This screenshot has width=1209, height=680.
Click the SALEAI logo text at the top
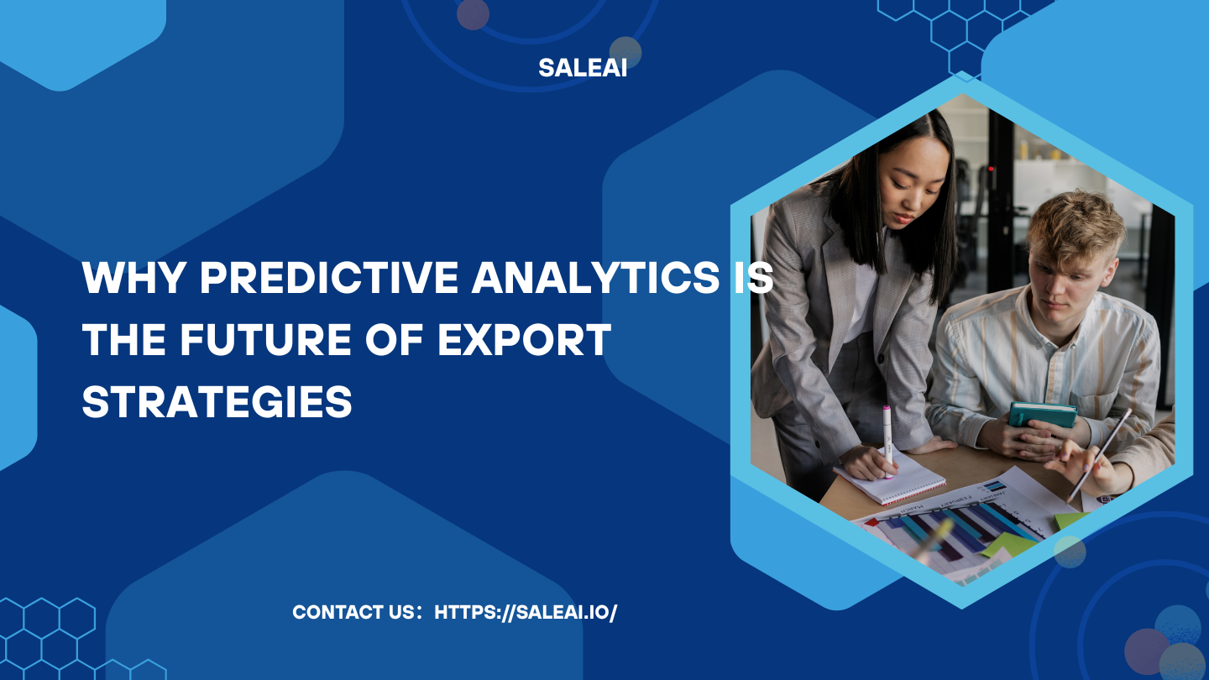(583, 68)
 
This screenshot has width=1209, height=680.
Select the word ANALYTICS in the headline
(595, 277)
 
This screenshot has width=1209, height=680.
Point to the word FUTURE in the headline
(265, 339)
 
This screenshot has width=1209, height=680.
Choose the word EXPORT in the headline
(524, 339)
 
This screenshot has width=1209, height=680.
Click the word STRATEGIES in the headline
(217, 401)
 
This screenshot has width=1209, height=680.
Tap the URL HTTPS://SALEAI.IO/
(526, 613)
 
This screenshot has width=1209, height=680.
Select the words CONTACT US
(353, 613)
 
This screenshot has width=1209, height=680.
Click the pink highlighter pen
(887, 442)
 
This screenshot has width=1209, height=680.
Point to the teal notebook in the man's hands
(1043, 415)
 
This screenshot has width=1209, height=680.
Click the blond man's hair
(1073, 227)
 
